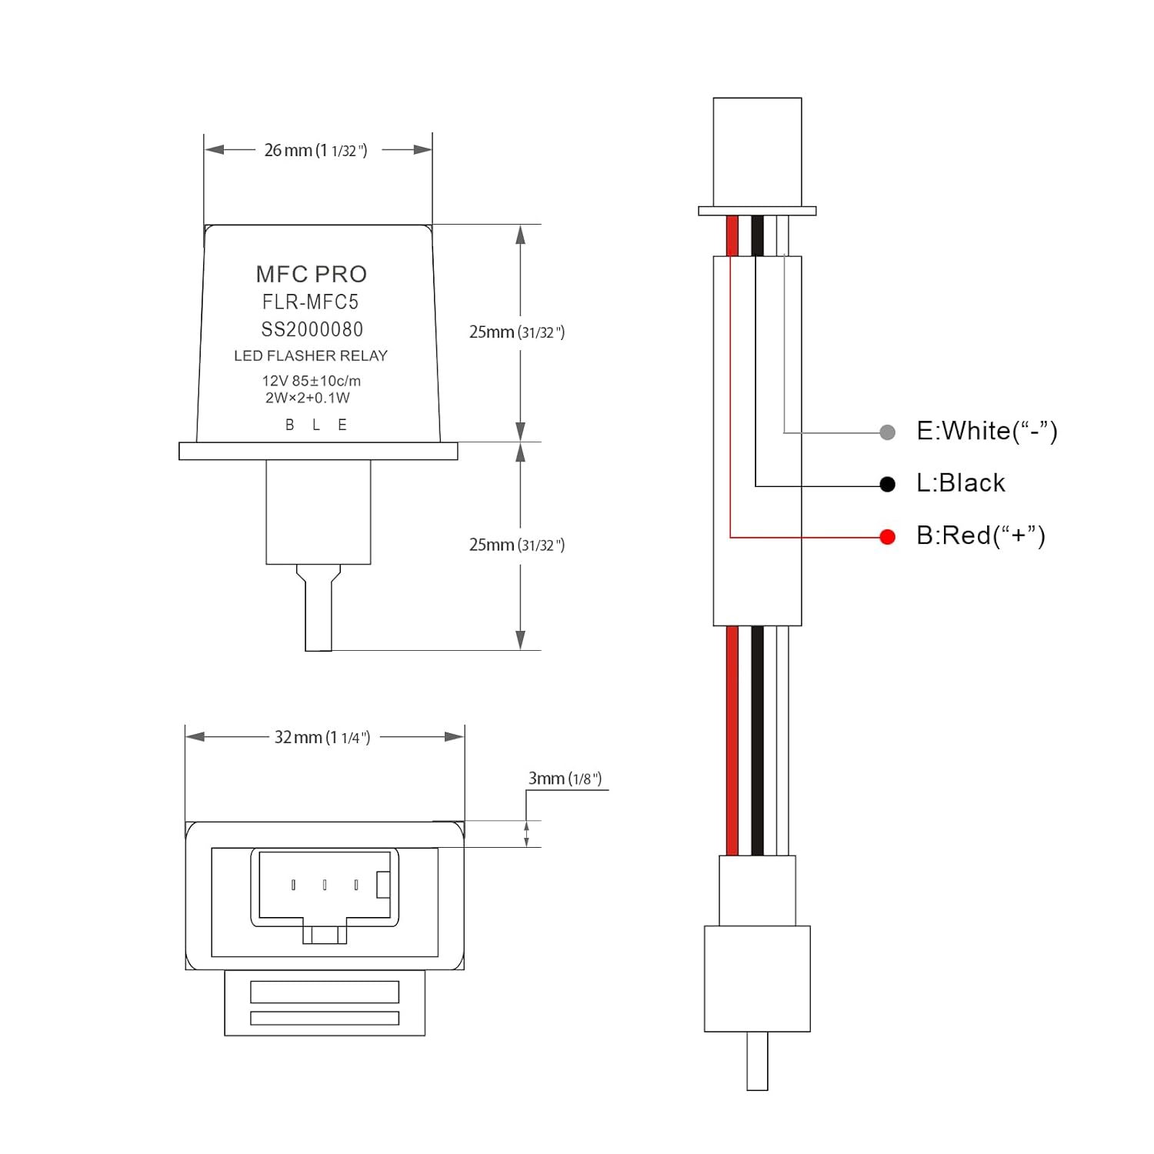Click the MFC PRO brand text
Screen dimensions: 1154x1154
point(311,274)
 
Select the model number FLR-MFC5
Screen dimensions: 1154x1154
point(310,302)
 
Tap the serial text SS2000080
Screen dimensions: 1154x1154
point(312,329)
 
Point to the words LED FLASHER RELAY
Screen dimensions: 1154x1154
point(311,355)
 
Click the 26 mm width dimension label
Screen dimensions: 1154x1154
point(315,150)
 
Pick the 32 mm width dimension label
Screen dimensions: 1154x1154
point(322,737)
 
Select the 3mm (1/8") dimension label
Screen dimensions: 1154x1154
point(565,779)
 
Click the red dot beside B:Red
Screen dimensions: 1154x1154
point(887,537)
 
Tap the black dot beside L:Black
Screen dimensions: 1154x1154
point(887,484)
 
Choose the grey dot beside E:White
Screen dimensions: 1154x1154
point(887,432)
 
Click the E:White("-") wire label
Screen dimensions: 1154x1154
point(986,431)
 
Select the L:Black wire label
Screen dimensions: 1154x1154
point(960,483)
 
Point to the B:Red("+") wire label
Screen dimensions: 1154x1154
point(980,535)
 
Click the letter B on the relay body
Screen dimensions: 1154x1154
point(290,425)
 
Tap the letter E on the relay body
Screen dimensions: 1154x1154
point(342,425)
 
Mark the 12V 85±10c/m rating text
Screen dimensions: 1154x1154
point(311,381)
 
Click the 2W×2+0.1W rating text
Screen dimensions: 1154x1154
point(307,398)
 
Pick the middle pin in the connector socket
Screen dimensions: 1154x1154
point(325,886)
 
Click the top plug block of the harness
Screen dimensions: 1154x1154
point(757,151)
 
